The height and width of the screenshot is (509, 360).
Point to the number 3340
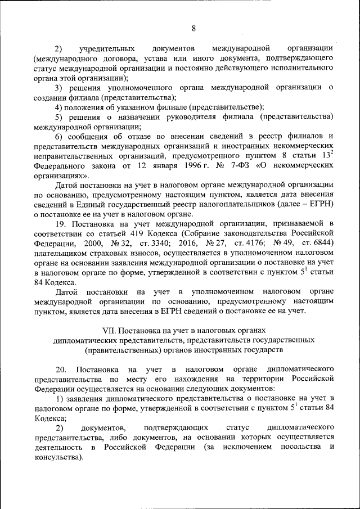[x=164, y=245]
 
